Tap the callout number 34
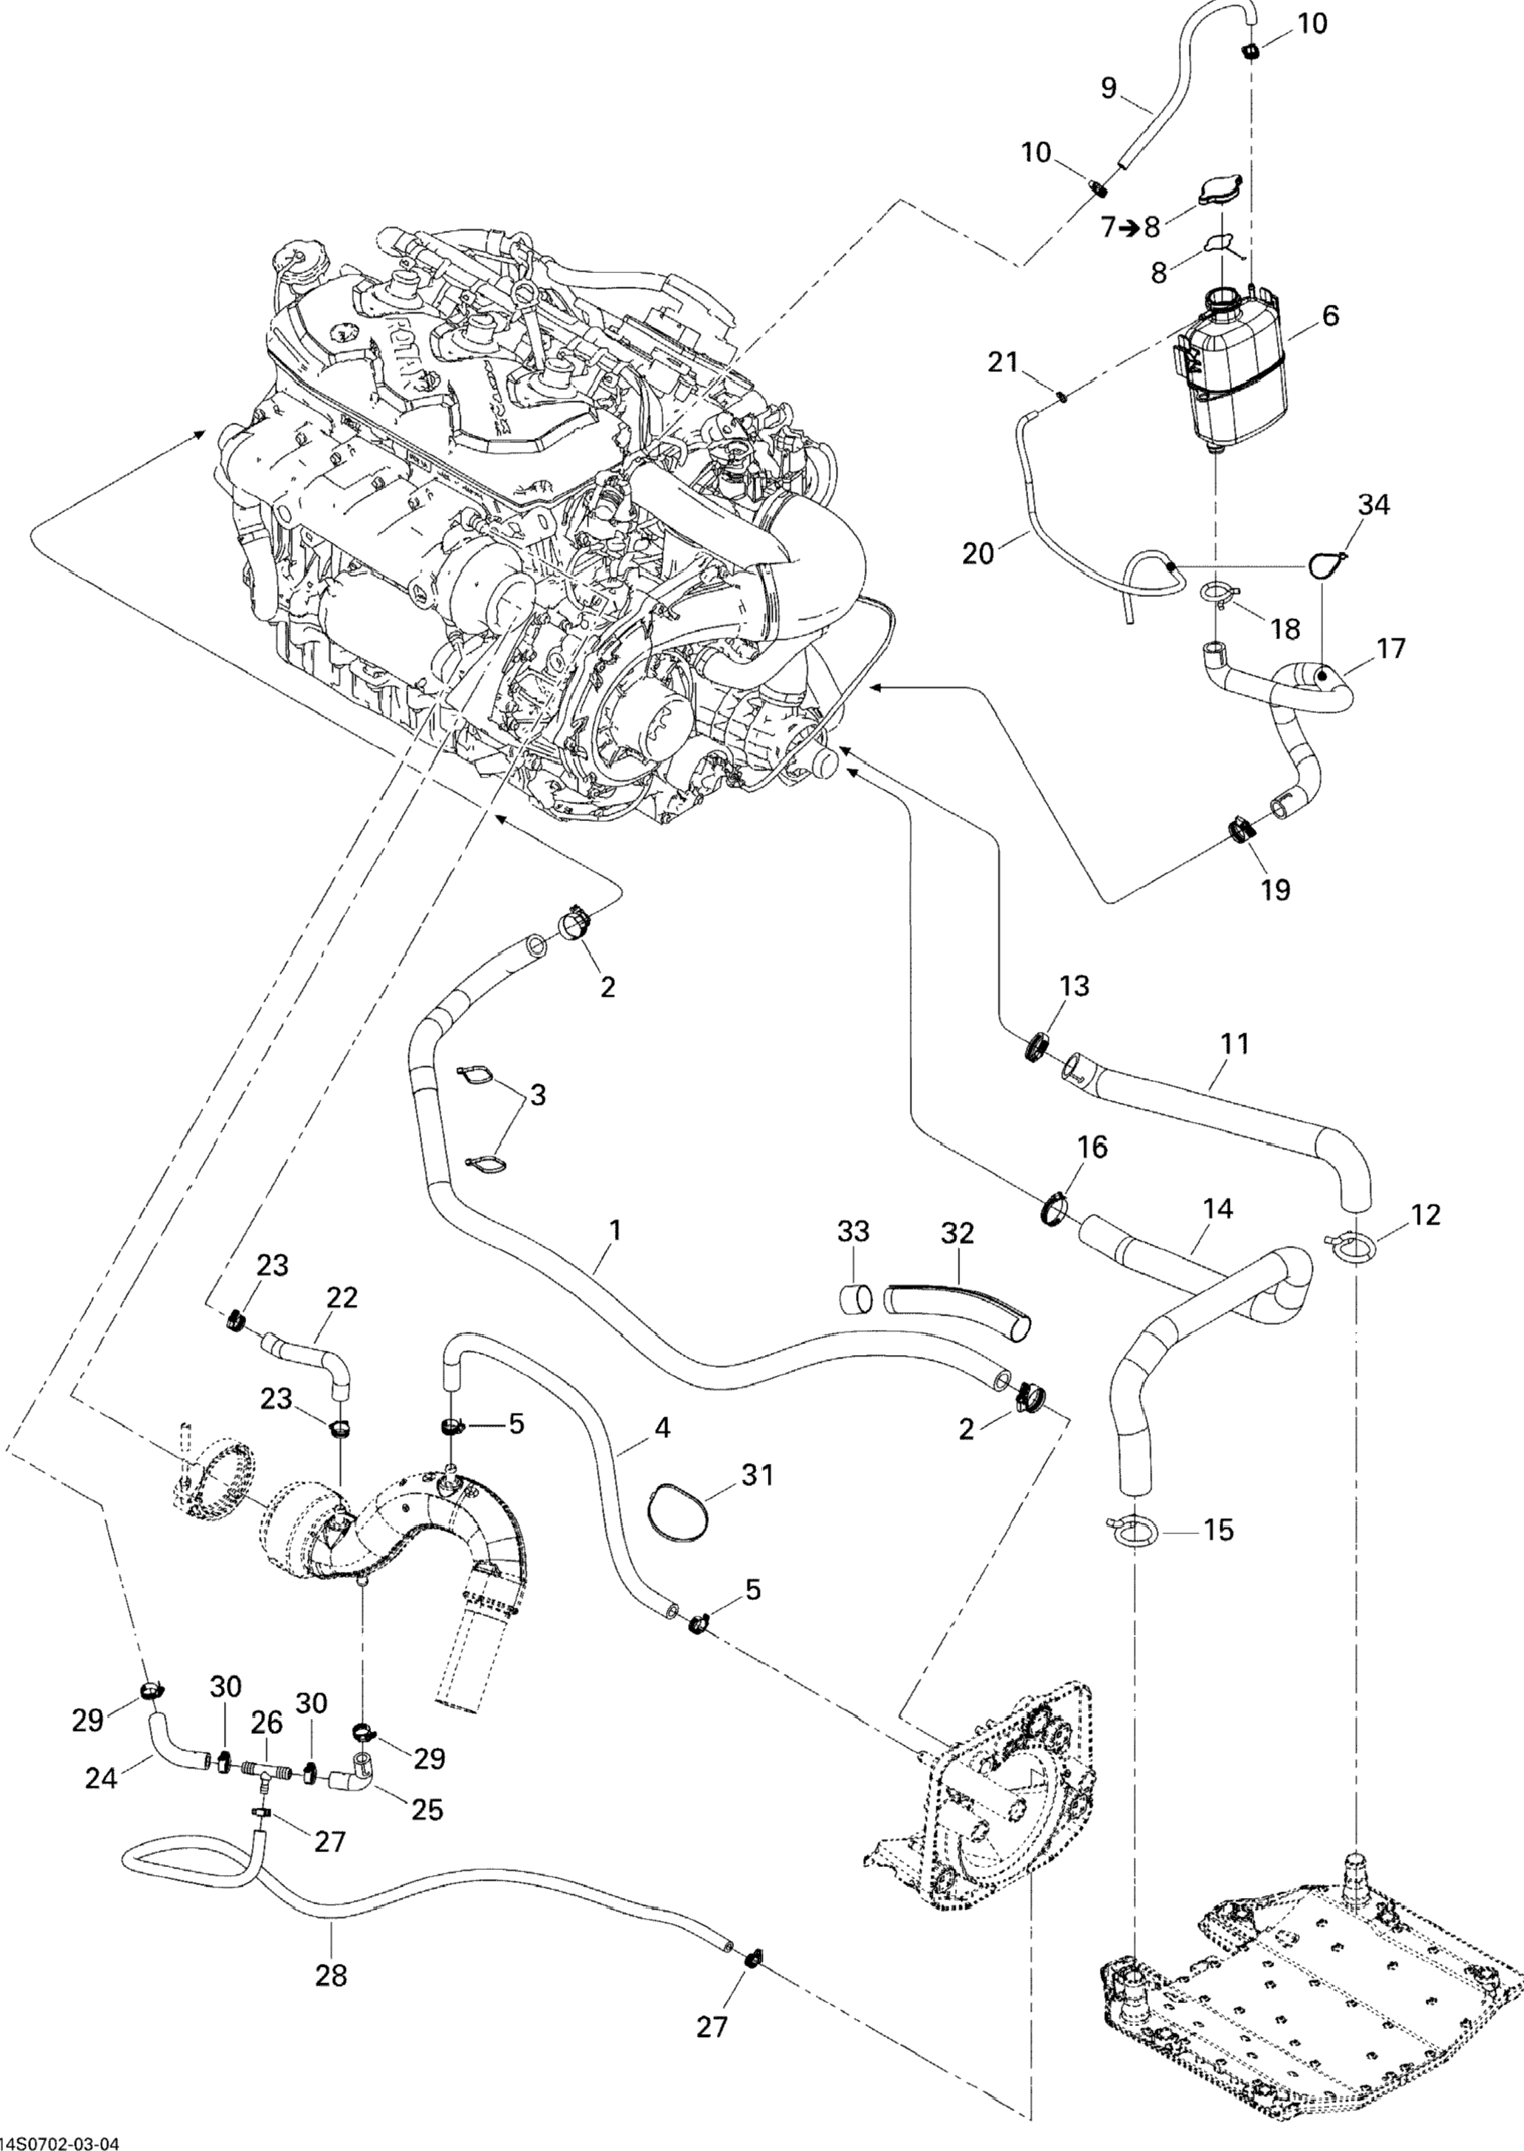[1374, 504]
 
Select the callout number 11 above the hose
[1235, 1043]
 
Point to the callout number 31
[758, 1475]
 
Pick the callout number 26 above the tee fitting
[267, 1722]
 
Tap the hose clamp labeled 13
[1038, 1046]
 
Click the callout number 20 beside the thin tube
[978, 553]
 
